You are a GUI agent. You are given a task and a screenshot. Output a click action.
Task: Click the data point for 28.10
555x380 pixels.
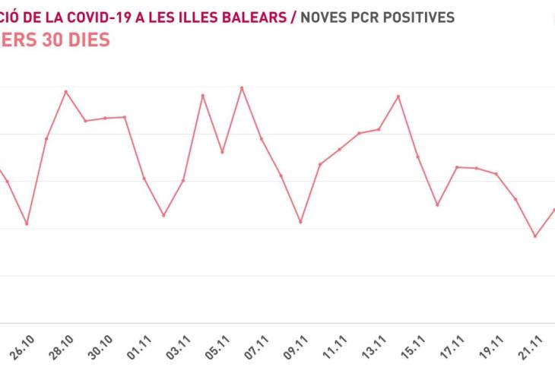click(x=66, y=92)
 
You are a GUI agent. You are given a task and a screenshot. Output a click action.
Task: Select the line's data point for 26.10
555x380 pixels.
click(x=27, y=224)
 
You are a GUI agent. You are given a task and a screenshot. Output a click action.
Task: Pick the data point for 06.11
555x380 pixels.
click(x=242, y=88)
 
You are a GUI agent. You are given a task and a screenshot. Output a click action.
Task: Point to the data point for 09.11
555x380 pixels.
click(x=300, y=222)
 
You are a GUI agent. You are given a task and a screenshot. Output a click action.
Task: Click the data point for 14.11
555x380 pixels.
click(x=398, y=97)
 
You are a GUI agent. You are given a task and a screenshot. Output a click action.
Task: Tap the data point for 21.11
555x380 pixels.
click(x=535, y=236)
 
